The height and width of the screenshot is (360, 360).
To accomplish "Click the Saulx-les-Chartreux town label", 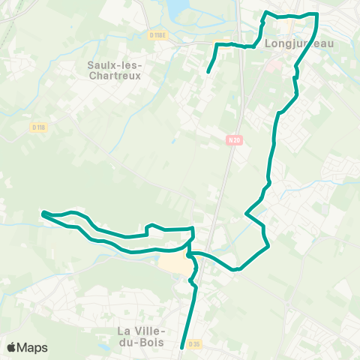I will (x=115, y=70).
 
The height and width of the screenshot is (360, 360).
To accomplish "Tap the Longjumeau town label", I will (x=299, y=43).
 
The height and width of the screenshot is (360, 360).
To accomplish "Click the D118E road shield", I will (x=157, y=34).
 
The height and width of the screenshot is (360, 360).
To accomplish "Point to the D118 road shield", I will (x=39, y=127).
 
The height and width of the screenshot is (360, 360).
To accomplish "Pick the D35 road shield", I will (x=194, y=344).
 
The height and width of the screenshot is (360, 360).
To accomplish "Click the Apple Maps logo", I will (x=27, y=347).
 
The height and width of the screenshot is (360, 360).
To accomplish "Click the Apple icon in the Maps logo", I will (x=12, y=346).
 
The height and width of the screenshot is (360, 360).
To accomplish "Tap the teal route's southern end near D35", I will (x=182, y=347).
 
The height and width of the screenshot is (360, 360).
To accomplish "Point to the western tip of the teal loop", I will (x=43, y=213).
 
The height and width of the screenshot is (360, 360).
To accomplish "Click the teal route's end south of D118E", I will (x=207, y=72).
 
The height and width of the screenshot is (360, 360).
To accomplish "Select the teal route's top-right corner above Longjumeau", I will (x=317, y=14).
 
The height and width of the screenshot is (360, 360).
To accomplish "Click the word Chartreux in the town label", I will (x=115, y=75).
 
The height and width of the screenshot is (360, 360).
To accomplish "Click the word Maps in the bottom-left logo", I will (x=33, y=347).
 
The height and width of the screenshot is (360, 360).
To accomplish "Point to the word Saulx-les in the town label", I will (x=115, y=64).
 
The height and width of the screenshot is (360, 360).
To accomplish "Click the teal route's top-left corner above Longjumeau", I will (x=265, y=13).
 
